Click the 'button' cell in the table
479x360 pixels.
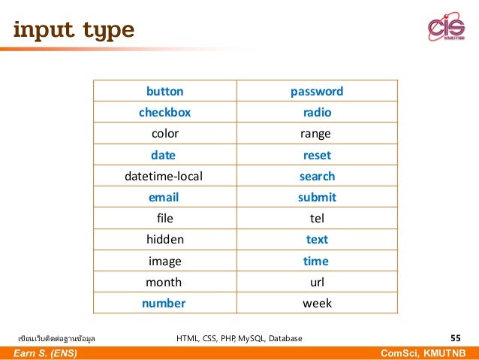(x=164, y=92)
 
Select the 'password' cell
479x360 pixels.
(x=317, y=92)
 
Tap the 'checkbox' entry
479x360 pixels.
(x=164, y=113)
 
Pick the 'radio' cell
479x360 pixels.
(x=317, y=113)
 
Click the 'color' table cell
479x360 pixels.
(x=164, y=135)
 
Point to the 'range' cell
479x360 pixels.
(x=316, y=135)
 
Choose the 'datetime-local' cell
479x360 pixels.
(x=164, y=177)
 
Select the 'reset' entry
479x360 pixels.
(x=317, y=156)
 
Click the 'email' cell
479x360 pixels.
(x=164, y=198)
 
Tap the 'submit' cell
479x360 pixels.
(x=317, y=198)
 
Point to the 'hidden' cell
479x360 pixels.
(x=164, y=240)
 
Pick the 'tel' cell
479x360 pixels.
(x=317, y=219)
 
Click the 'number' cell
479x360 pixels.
(x=164, y=304)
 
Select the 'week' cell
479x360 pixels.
(x=317, y=304)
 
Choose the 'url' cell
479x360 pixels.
(x=317, y=283)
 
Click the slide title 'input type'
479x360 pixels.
(x=73, y=30)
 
